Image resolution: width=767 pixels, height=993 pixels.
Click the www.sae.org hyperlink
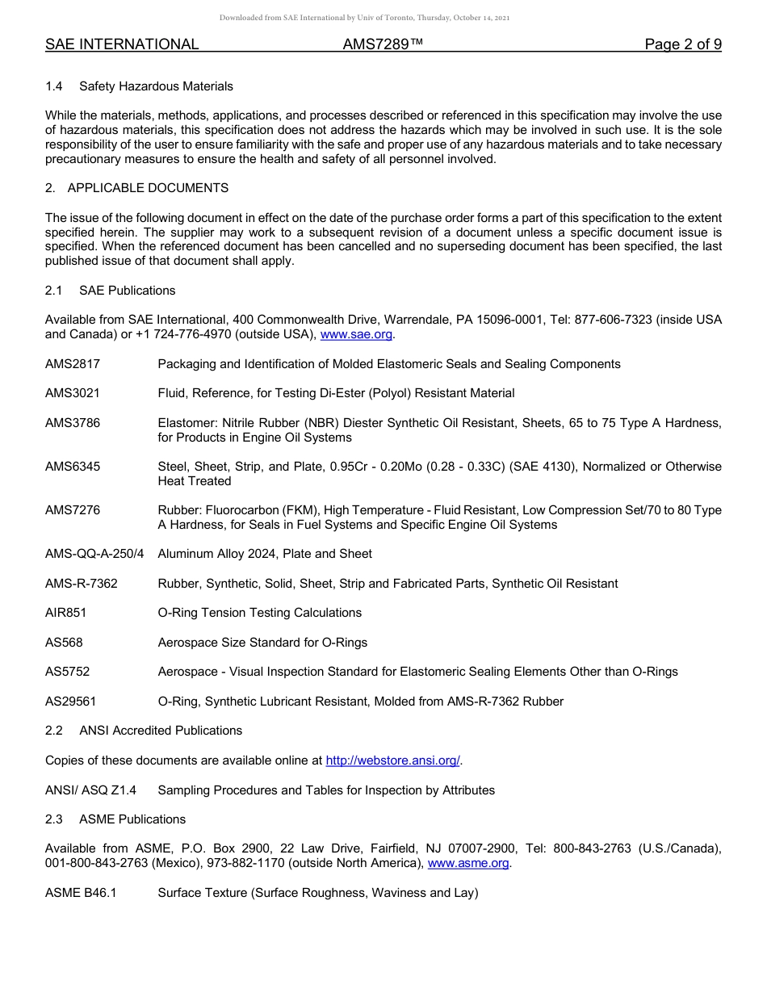click(357, 334)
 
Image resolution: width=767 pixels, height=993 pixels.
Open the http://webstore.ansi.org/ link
click(393, 760)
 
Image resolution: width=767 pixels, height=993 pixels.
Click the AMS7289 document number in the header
click(383, 44)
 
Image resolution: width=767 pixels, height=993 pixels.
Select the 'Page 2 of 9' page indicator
click(682, 44)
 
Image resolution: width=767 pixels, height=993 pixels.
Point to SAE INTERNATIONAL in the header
click(122, 44)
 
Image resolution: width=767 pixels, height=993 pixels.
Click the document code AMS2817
click(73, 364)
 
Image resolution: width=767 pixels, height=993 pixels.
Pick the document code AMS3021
click(73, 393)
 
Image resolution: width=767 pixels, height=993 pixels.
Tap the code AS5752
click(67, 672)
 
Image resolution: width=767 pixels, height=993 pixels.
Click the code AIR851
click(65, 613)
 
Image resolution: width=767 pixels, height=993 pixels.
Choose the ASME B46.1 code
click(81, 893)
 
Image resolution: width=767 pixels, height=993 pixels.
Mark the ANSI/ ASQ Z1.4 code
click(90, 790)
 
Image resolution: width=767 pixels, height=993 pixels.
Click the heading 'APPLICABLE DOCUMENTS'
click(148, 188)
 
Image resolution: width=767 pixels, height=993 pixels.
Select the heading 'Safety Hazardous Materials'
click(156, 86)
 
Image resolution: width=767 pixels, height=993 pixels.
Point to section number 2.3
click(54, 819)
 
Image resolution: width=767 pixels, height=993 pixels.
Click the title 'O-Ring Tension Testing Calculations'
click(259, 613)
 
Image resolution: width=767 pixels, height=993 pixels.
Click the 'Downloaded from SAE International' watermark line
click(364, 18)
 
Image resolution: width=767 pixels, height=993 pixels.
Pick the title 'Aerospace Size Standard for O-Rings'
click(262, 643)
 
